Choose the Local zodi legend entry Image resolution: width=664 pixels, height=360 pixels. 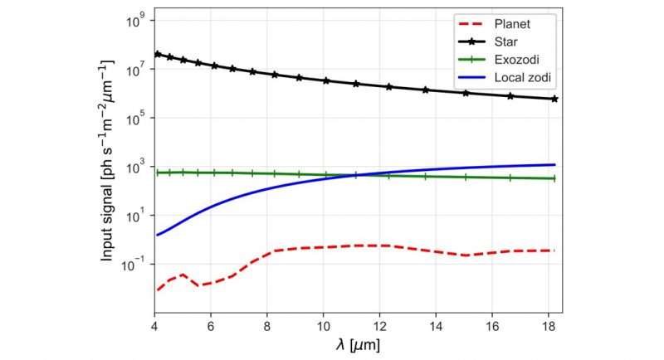tap(520, 77)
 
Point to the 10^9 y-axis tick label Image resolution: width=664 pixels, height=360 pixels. tap(137, 21)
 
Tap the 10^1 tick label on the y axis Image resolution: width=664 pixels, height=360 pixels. tap(137, 216)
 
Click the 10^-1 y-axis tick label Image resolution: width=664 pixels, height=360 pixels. tap(135, 264)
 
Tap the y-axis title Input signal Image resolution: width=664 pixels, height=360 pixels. tap(109, 166)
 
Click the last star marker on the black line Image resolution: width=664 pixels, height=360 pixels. tap(554, 99)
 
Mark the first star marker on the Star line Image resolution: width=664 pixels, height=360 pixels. tap(156, 54)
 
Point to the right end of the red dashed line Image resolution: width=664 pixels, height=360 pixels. tap(554, 251)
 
